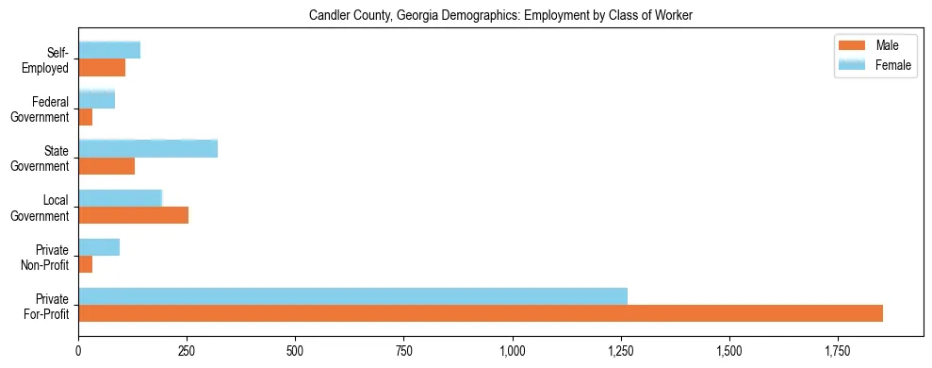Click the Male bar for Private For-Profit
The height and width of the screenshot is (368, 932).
coord(481,313)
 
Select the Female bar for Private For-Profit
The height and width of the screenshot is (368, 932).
coord(352,296)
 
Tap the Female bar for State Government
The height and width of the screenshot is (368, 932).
coord(148,149)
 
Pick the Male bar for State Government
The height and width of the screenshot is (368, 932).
coord(106,166)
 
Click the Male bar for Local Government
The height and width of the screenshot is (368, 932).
coord(133,215)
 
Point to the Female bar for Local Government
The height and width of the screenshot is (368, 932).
coord(121,198)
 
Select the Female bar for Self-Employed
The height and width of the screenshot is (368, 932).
coord(109,51)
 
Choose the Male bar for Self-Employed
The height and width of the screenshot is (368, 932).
coord(102,68)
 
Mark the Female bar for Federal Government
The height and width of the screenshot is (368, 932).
coord(96,100)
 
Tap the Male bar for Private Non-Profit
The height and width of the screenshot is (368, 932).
coord(85,264)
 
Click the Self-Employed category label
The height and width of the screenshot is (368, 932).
coord(50,59)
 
